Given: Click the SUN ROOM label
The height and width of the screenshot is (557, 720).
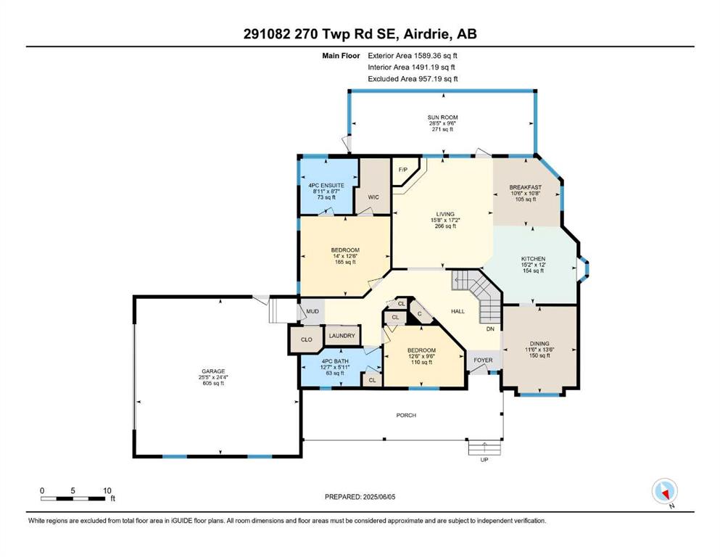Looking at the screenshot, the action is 442,117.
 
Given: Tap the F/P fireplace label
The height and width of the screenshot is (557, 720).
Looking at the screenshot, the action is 403,170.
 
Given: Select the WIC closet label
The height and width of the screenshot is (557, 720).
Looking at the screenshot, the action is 373,197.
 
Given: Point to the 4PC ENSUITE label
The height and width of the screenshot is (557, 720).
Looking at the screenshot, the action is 326,186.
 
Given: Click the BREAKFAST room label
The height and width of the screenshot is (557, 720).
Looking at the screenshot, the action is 525,187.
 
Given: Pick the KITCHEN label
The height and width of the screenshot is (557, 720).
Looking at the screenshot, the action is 533,259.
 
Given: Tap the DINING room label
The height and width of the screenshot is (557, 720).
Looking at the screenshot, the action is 539,344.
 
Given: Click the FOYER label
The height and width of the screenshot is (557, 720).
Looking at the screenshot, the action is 483,360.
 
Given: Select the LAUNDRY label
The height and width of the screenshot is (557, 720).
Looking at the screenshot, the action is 342,336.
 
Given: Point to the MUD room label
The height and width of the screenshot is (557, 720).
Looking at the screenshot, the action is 313,311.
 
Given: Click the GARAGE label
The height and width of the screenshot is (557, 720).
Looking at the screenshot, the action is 213,371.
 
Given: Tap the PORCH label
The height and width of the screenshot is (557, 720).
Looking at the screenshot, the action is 406,415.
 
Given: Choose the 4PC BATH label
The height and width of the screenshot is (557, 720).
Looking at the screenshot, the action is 335,361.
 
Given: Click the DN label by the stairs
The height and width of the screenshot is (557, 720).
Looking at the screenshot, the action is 490,329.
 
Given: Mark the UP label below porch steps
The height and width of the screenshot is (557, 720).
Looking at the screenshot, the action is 484,460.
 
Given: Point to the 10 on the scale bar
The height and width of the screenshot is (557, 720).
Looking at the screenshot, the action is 107,490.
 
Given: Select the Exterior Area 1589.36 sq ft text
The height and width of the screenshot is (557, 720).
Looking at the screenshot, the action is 413,56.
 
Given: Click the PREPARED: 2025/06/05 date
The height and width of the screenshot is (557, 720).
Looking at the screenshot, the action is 360,497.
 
